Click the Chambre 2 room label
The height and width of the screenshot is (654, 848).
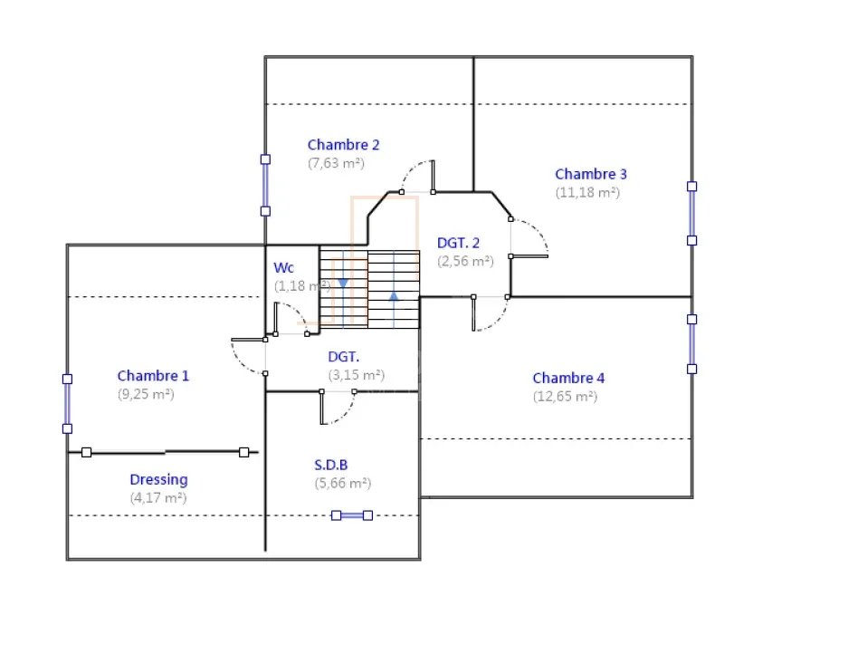click(343, 145)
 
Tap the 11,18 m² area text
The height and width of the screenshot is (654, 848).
click(587, 193)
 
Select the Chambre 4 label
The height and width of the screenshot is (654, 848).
click(568, 378)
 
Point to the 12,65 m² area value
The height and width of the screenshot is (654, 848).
click(565, 397)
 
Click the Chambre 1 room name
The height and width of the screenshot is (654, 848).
click(153, 376)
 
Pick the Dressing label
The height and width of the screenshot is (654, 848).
click(158, 480)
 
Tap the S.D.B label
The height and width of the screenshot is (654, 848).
click(330, 465)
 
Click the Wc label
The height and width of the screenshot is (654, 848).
click(283, 268)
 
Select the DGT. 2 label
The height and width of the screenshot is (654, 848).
click(458, 243)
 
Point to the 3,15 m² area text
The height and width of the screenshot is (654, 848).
click(356, 375)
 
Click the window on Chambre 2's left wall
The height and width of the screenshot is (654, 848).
click(265, 185)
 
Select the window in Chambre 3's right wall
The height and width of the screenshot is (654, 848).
click(691, 213)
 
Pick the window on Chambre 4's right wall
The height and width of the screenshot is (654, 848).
click(691, 344)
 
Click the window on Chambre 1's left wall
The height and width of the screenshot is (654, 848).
click(67, 404)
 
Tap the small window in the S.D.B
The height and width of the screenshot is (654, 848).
click(351, 515)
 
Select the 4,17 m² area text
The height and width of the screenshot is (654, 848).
click(157, 498)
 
